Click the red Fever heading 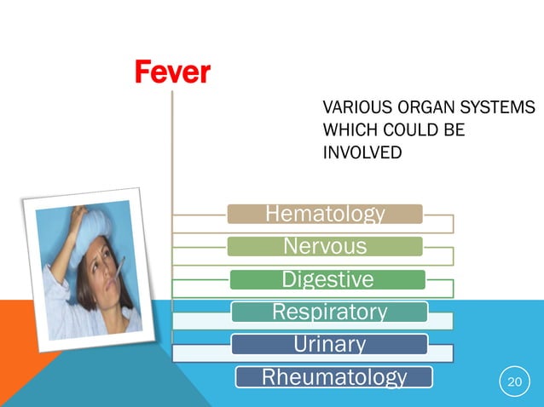(171, 72)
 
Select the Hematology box (325, 214)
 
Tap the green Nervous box (325, 246)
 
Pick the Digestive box (327, 279)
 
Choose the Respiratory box (329, 312)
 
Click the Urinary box (329, 344)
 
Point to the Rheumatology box (333, 376)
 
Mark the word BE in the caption (453, 132)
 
